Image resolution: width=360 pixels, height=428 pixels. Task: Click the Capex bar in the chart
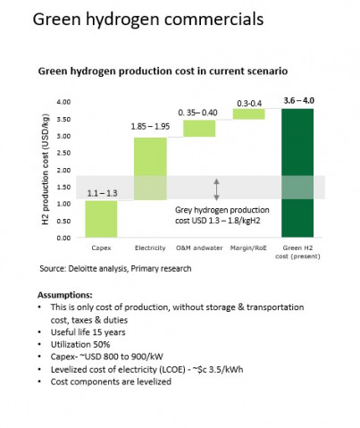coord(101,219)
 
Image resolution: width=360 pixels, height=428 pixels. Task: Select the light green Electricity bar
coord(150,169)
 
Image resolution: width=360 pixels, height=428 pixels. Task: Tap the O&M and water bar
coord(199,129)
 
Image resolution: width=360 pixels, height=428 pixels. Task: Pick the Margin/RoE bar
coord(248,114)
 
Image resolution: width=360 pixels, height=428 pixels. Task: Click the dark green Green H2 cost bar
coord(297,173)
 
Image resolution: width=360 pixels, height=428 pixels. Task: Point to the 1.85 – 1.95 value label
coord(150,126)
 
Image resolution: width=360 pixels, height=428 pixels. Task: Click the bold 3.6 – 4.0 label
coord(298,101)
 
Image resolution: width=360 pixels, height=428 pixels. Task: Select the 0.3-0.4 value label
coord(249,104)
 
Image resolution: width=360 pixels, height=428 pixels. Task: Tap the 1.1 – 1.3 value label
coord(102,193)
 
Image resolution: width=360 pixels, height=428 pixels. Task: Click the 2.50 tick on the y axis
coord(63,153)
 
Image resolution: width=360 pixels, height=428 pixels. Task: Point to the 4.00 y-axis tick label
coord(63,102)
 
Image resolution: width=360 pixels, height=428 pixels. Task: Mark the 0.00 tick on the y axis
coord(63,238)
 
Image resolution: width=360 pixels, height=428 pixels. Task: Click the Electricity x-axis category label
coord(150,248)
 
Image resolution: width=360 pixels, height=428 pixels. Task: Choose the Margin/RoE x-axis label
coord(248,248)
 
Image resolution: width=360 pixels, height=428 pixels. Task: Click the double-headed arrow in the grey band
coord(217,189)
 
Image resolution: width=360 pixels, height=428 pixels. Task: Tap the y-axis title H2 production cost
coord(46,169)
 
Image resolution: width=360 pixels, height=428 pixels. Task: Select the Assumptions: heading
coord(65,295)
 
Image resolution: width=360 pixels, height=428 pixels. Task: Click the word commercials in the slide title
coord(213,20)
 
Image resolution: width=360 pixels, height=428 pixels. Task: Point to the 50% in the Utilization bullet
coord(102,345)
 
